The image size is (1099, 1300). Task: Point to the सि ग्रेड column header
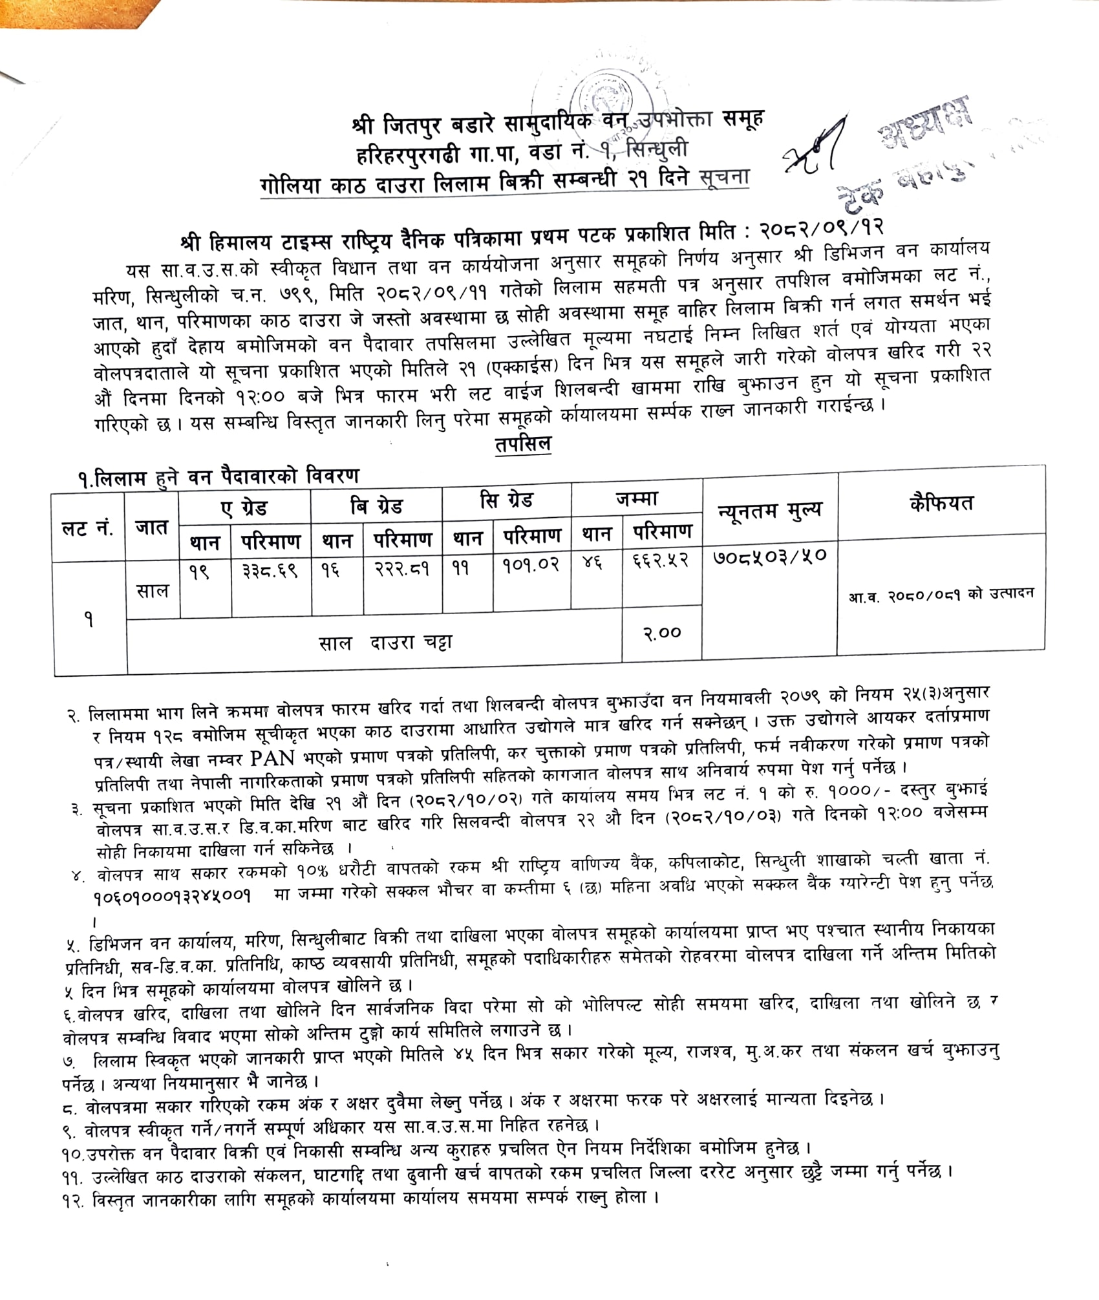click(x=506, y=501)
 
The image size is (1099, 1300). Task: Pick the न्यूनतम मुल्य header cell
click(x=770, y=511)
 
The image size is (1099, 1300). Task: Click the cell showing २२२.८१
click(x=401, y=569)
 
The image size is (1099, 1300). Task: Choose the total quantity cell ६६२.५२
click(x=661, y=560)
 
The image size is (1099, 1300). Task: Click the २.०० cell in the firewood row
click(x=661, y=633)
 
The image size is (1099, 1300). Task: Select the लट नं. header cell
click(x=88, y=528)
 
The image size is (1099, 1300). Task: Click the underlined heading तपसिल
click(x=523, y=445)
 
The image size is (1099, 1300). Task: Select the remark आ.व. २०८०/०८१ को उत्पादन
click(x=941, y=594)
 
